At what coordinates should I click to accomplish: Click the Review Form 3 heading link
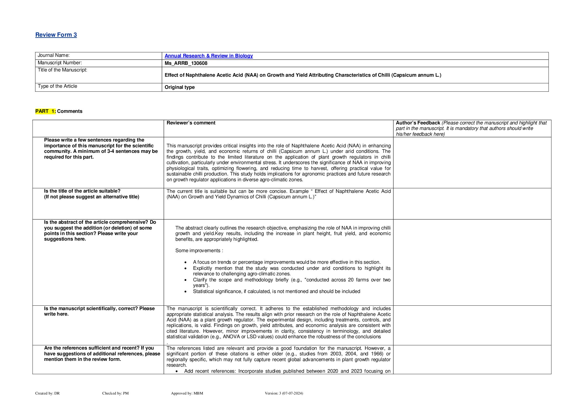coord(56,35)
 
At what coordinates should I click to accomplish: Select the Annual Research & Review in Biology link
coord(209,56)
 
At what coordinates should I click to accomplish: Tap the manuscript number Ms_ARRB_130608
coord(186,63)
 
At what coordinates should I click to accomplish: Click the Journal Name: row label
coord(54,55)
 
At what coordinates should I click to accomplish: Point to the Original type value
coord(180,87)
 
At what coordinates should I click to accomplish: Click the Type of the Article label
coord(57,86)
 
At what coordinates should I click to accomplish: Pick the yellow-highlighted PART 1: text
coord(46,111)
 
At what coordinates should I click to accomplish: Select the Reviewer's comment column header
coord(191,123)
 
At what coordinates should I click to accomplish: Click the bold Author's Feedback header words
coord(418,123)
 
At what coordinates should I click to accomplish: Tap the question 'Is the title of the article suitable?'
coord(82,191)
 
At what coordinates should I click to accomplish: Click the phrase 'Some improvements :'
coord(199,251)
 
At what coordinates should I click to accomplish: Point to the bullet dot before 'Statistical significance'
coord(186,292)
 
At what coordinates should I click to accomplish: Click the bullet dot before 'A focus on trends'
coord(186,262)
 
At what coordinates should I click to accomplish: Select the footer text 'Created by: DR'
coord(47,393)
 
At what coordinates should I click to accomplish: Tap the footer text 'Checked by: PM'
coord(115,393)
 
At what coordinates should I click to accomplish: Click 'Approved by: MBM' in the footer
coord(187,393)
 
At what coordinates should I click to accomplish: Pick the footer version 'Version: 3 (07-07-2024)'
coord(284,393)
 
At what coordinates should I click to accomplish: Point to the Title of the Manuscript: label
coord(62,70)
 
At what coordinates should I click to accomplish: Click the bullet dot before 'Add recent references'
coord(177,371)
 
